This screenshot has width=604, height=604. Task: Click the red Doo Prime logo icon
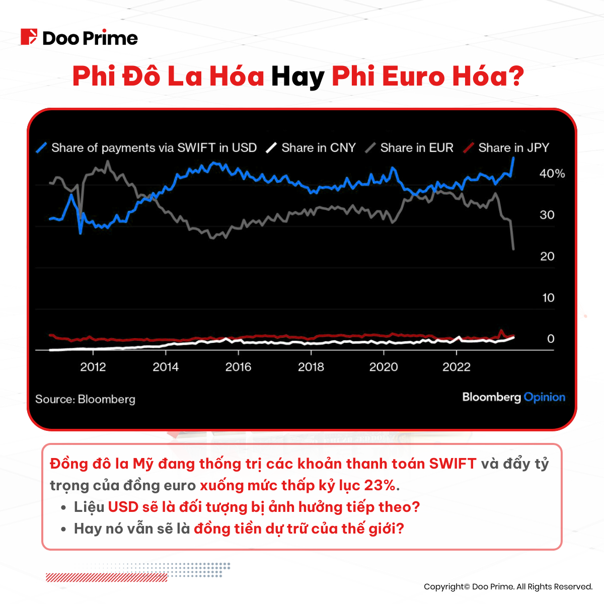pyautogui.click(x=29, y=37)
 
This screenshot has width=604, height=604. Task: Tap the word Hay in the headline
pyautogui.click(x=297, y=77)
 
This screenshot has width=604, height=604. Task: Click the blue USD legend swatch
pyautogui.click(x=42, y=147)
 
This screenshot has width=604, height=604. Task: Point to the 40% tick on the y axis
pyautogui.click(x=552, y=174)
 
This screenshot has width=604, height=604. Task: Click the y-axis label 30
pyautogui.click(x=547, y=215)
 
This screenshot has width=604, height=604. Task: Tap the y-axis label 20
pyautogui.click(x=547, y=256)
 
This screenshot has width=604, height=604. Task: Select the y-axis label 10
pyautogui.click(x=548, y=297)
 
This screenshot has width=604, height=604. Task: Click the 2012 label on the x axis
pyautogui.click(x=93, y=367)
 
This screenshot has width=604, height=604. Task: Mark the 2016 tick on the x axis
pyautogui.click(x=238, y=367)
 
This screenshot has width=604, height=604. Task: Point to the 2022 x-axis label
pyautogui.click(x=456, y=367)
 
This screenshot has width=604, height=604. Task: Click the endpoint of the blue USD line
pyautogui.click(x=513, y=158)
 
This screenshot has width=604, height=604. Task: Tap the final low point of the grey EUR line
pyautogui.click(x=513, y=249)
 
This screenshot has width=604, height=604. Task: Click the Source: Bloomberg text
pyautogui.click(x=85, y=399)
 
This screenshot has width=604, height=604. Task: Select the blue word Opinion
pyautogui.click(x=544, y=397)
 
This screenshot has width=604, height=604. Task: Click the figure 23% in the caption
pyautogui.click(x=380, y=485)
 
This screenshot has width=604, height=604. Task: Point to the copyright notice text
pyautogui.click(x=508, y=586)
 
